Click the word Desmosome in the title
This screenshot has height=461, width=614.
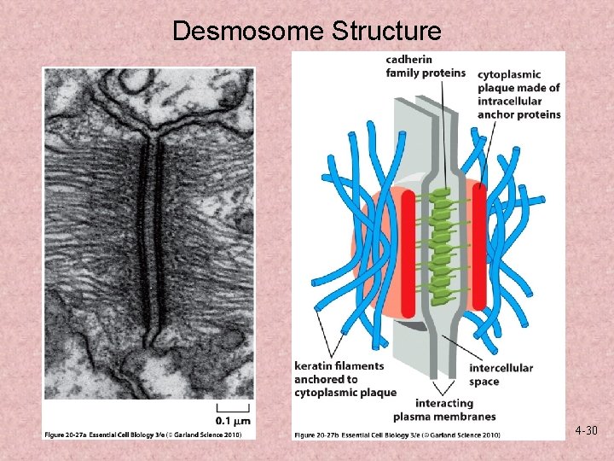point(248,32)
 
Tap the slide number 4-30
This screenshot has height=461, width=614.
point(586,431)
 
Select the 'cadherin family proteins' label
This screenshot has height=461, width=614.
point(426,66)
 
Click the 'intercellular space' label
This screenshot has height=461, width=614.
point(501,375)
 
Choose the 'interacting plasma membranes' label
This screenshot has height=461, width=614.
point(443,410)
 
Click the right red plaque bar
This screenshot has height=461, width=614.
point(479,247)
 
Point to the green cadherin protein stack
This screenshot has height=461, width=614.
point(442,248)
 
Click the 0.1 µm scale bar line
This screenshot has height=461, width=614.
point(233,408)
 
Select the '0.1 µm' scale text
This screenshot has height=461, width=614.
point(233,421)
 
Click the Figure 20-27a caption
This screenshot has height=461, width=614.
point(148,435)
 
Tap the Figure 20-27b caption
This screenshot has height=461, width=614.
point(397,435)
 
